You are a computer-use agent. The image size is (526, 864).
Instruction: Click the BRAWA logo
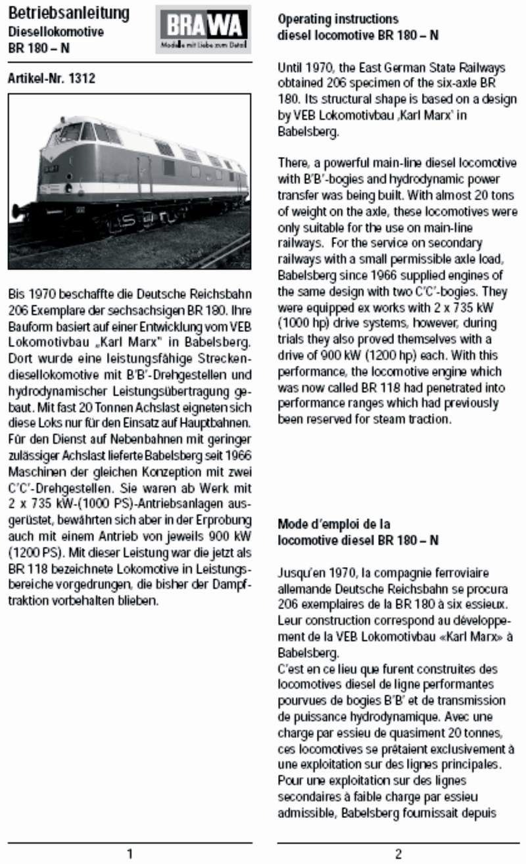pyautogui.click(x=203, y=28)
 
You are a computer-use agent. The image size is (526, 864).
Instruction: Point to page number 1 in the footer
pyautogui.click(x=130, y=853)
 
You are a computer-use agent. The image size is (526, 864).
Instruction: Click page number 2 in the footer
pyautogui.click(x=398, y=853)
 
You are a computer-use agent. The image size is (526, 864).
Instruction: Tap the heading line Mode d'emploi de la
pyautogui.click(x=333, y=524)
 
